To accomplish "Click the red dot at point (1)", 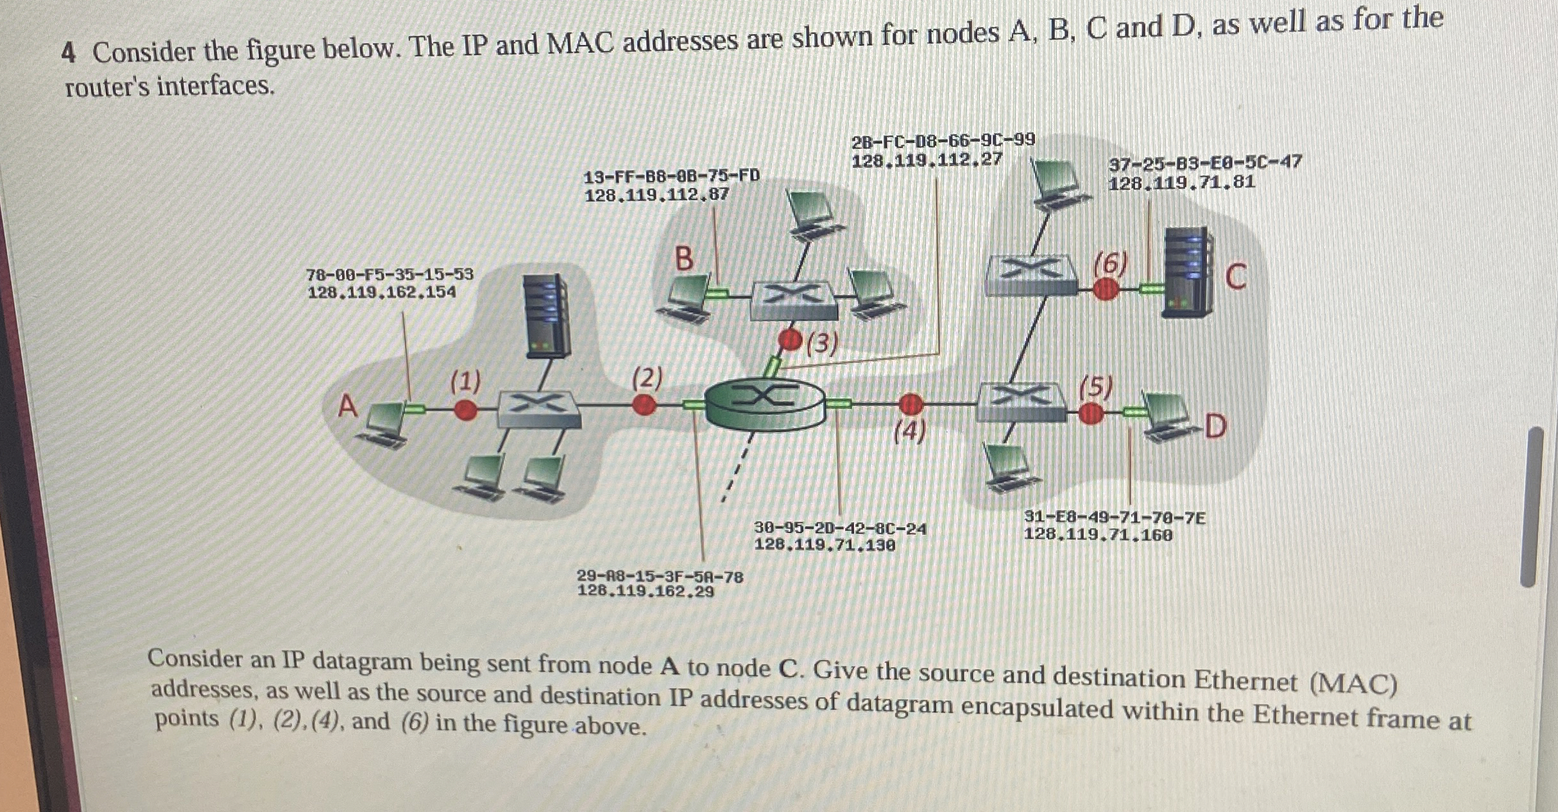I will tap(465, 409).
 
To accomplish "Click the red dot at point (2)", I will tap(644, 405).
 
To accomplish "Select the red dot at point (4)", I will tap(910, 405).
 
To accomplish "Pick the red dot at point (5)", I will tap(1090, 414).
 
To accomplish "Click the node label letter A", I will tap(347, 406).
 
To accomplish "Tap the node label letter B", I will tap(685, 259).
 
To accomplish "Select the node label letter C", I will tap(1235, 277).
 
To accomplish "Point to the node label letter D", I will tap(1215, 427).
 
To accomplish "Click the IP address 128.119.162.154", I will tap(382, 292).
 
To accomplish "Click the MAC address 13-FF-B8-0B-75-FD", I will tap(671, 176).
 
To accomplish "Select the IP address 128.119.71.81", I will tap(1181, 183).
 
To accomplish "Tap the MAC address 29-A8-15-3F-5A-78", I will tap(660, 577).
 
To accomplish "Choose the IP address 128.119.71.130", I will tap(824, 545).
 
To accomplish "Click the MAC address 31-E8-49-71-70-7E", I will tap(1115, 517).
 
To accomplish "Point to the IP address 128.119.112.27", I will tap(926, 160).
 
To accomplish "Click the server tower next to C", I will tap(1186, 273).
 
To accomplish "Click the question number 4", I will tap(69, 54).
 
